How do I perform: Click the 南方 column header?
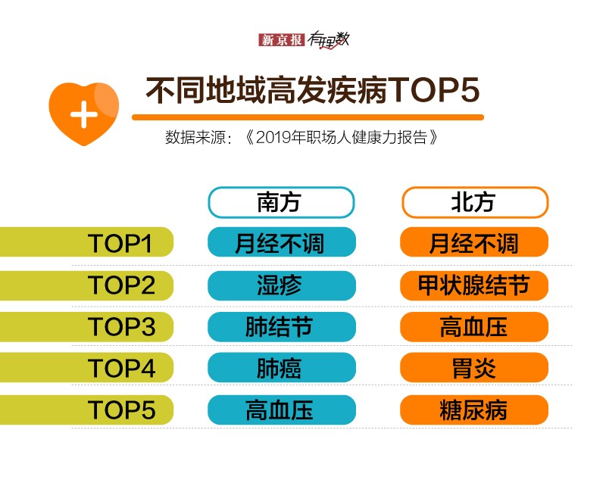281,202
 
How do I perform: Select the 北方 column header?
475,202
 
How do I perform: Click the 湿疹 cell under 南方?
282,285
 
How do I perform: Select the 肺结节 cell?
282,327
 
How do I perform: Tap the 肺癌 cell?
282,367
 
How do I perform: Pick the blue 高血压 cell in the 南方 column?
282,410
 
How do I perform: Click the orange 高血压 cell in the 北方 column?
474,327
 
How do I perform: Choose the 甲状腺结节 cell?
474,285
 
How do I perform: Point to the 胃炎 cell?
474,367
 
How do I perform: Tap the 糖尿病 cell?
474,410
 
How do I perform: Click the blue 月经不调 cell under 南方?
282,242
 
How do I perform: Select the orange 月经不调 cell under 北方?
474,242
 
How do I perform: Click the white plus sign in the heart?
84,114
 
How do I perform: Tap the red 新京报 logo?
281,40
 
